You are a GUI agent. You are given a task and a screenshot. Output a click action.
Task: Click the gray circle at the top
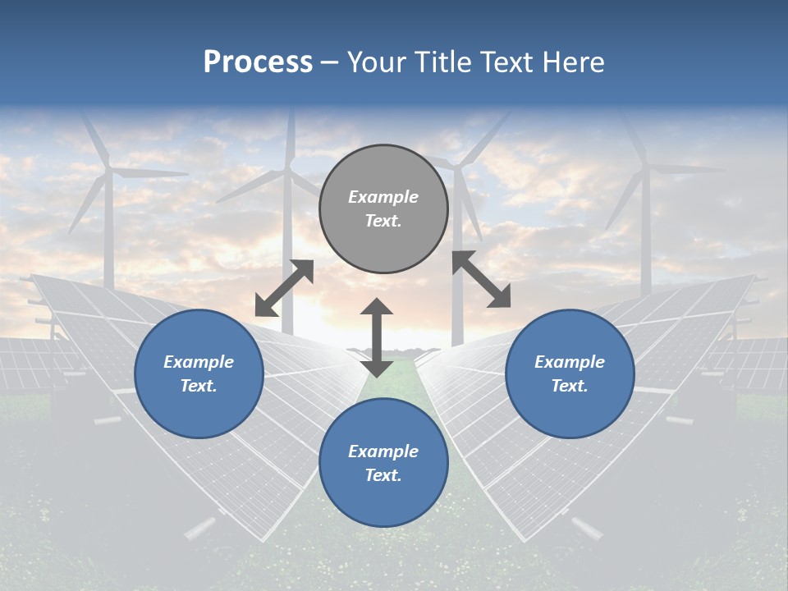(x=383, y=209)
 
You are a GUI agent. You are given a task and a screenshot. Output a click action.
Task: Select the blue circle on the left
(x=199, y=374)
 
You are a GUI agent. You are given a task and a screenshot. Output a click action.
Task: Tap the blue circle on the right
(x=570, y=374)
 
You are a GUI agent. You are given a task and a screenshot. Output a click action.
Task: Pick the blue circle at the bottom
(x=383, y=463)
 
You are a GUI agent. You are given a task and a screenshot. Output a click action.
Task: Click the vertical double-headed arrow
(x=377, y=337)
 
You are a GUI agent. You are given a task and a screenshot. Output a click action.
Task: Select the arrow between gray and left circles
(x=284, y=288)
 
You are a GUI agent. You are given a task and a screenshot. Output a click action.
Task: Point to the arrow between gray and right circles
(x=481, y=279)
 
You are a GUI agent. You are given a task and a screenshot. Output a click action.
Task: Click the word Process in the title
(x=258, y=62)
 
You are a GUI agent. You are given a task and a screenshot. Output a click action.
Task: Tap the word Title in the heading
(x=445, y=62)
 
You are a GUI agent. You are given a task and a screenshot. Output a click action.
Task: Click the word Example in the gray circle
(x=383, y=197)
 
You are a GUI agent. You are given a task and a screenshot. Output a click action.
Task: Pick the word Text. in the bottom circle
(x=383, y=475)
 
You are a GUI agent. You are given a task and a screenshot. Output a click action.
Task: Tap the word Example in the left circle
(x=199, y=362)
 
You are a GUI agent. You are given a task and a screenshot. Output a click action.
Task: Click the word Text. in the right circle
(x=570, y=386)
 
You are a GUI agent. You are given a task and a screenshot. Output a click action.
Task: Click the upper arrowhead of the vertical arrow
(x=377, y=308)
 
